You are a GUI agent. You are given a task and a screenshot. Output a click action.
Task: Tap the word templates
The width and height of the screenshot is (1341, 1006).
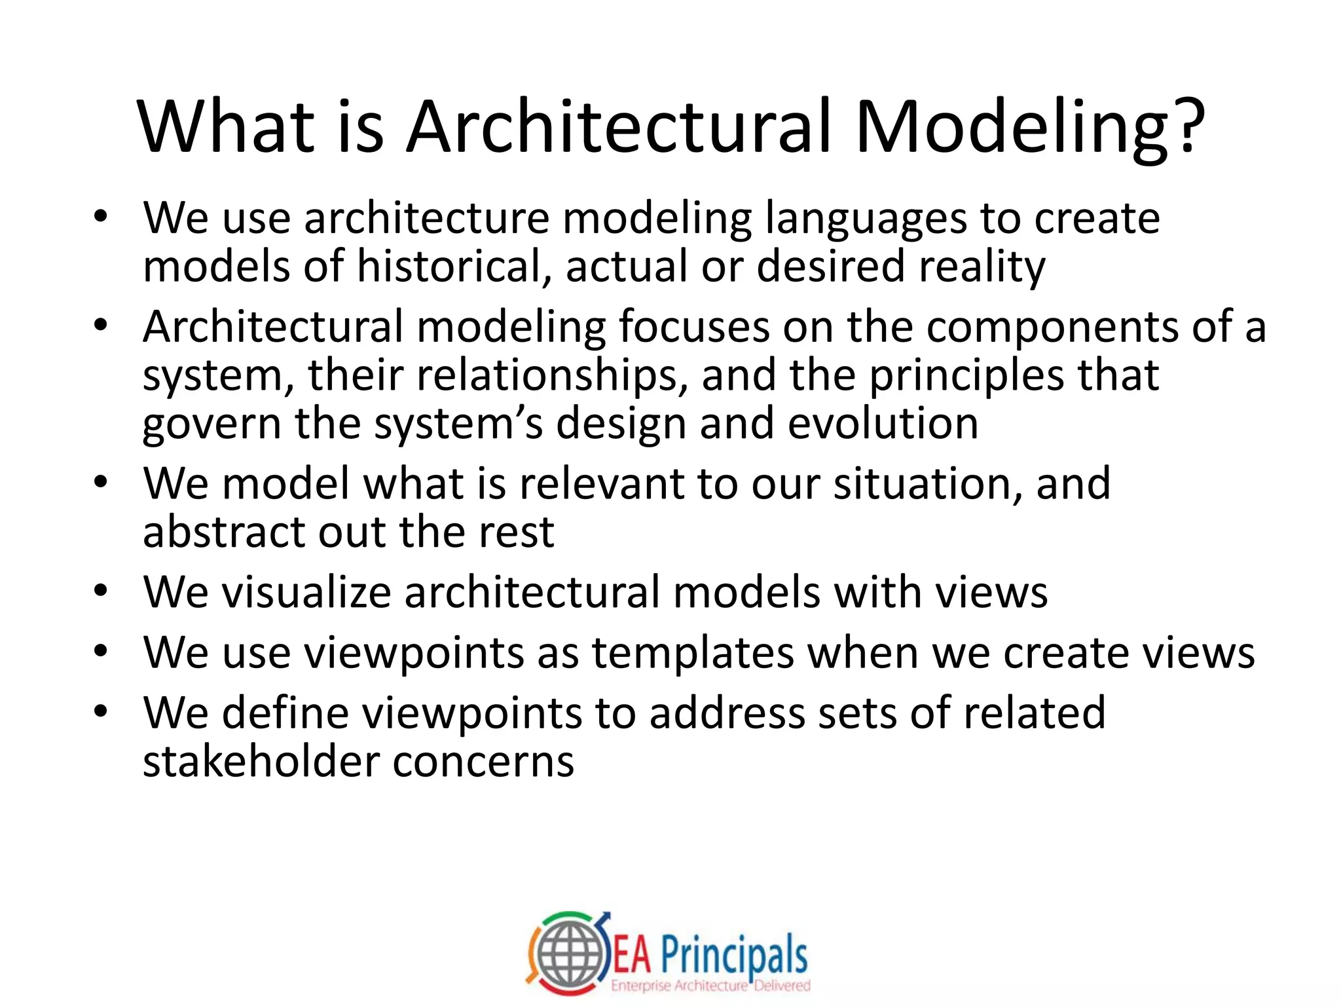pos(693,654)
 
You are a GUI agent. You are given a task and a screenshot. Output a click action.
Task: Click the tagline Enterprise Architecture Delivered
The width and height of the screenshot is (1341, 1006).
pos(710,986)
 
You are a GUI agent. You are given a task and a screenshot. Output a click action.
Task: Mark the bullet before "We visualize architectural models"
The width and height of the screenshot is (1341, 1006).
pos(100,591)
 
